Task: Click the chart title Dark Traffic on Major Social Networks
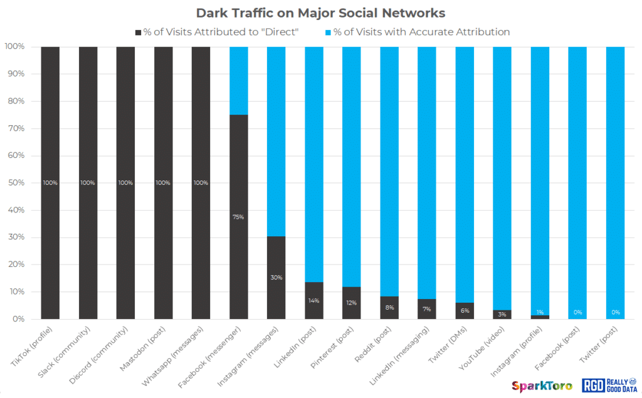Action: pos(320,13)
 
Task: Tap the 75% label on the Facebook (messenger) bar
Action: pos(238,217)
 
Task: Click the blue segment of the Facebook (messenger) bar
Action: pos(238,80)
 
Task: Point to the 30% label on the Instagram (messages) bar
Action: pos(276,278)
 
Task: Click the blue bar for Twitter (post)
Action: pos(615,182)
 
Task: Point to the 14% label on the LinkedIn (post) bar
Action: pos(313,301)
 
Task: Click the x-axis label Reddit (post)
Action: pos(376,343)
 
